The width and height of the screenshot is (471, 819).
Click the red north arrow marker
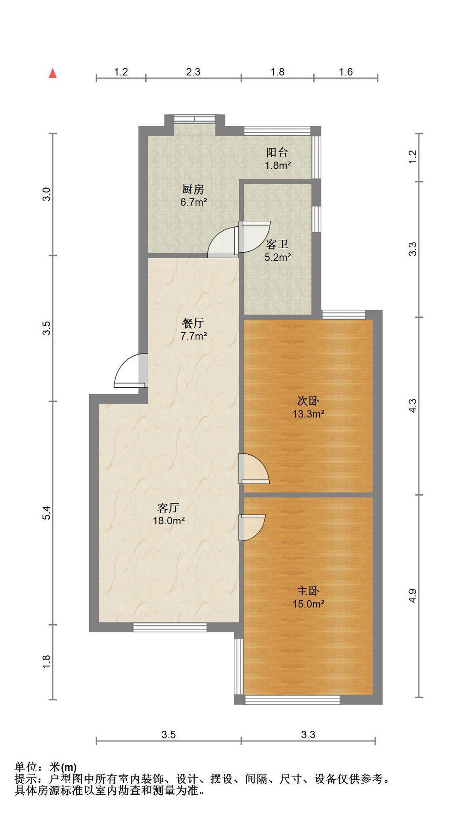click(53, 73)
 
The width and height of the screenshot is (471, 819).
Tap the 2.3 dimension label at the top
click(193, 72)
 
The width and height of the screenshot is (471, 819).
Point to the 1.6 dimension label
click(346, 72)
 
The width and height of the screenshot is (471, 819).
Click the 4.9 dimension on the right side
click(412, 596)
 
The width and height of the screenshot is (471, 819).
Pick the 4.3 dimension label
click(412, 406)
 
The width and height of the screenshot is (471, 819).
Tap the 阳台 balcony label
click(277, 152)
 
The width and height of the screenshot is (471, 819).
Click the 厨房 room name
click(193, 189)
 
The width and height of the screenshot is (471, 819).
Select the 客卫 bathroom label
click(277, 244)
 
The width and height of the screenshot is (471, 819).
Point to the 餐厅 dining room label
click(193, 323)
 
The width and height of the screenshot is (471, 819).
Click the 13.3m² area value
click(308, 413)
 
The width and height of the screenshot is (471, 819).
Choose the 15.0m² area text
click(308, 604)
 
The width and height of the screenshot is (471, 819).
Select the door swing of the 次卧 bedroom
click(254, 468)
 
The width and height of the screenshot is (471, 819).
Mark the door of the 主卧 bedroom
click(252, 528)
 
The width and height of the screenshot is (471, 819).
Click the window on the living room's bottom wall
click(170, 627)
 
